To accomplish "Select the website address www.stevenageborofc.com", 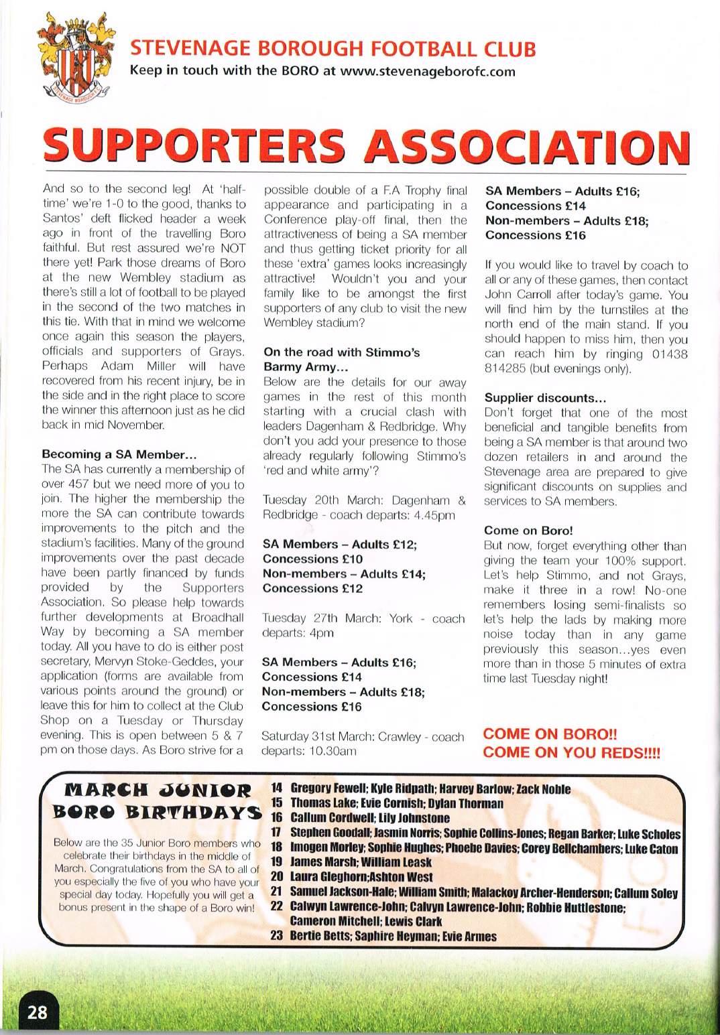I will click(428, 71).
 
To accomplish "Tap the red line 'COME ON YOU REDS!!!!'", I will click(571, 752).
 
